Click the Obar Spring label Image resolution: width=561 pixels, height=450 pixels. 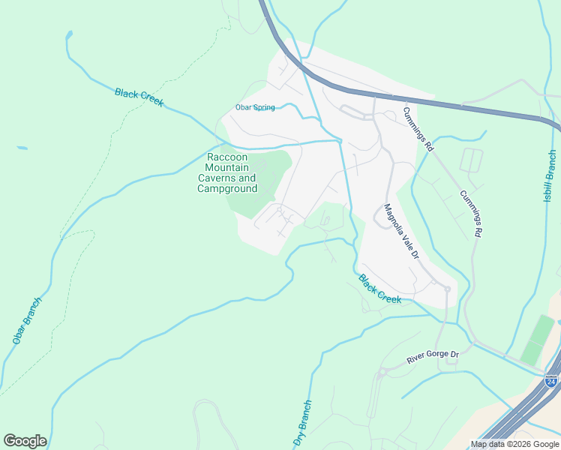pyautogui.click(x=255, y=107)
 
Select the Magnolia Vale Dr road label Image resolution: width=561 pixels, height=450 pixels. pyautogui.click(x=400, y=232)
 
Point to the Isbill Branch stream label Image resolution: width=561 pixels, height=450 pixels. pyautogui.click(x=550, y=176)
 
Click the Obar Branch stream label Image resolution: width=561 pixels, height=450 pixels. pyautogui.click(x=27, y=320)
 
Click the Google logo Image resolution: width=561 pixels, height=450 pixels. pyautogui.click(x=25, y=441)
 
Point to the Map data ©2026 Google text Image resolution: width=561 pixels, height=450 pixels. pyautogui.click(x=514, y=444)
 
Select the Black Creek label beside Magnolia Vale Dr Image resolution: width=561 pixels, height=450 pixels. pyautogui.click(x=379, y=289)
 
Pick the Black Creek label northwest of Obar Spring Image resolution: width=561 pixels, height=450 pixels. pyautogui.click(x=139, y=97)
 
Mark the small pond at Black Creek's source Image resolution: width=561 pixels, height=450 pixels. pyautogui.click(x=69, y=34)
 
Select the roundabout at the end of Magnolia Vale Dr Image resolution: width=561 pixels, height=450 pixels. pyautogui.click(x=447, y=289)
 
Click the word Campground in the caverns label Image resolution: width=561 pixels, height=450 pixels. pyautogui.click(x=227, y=188)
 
